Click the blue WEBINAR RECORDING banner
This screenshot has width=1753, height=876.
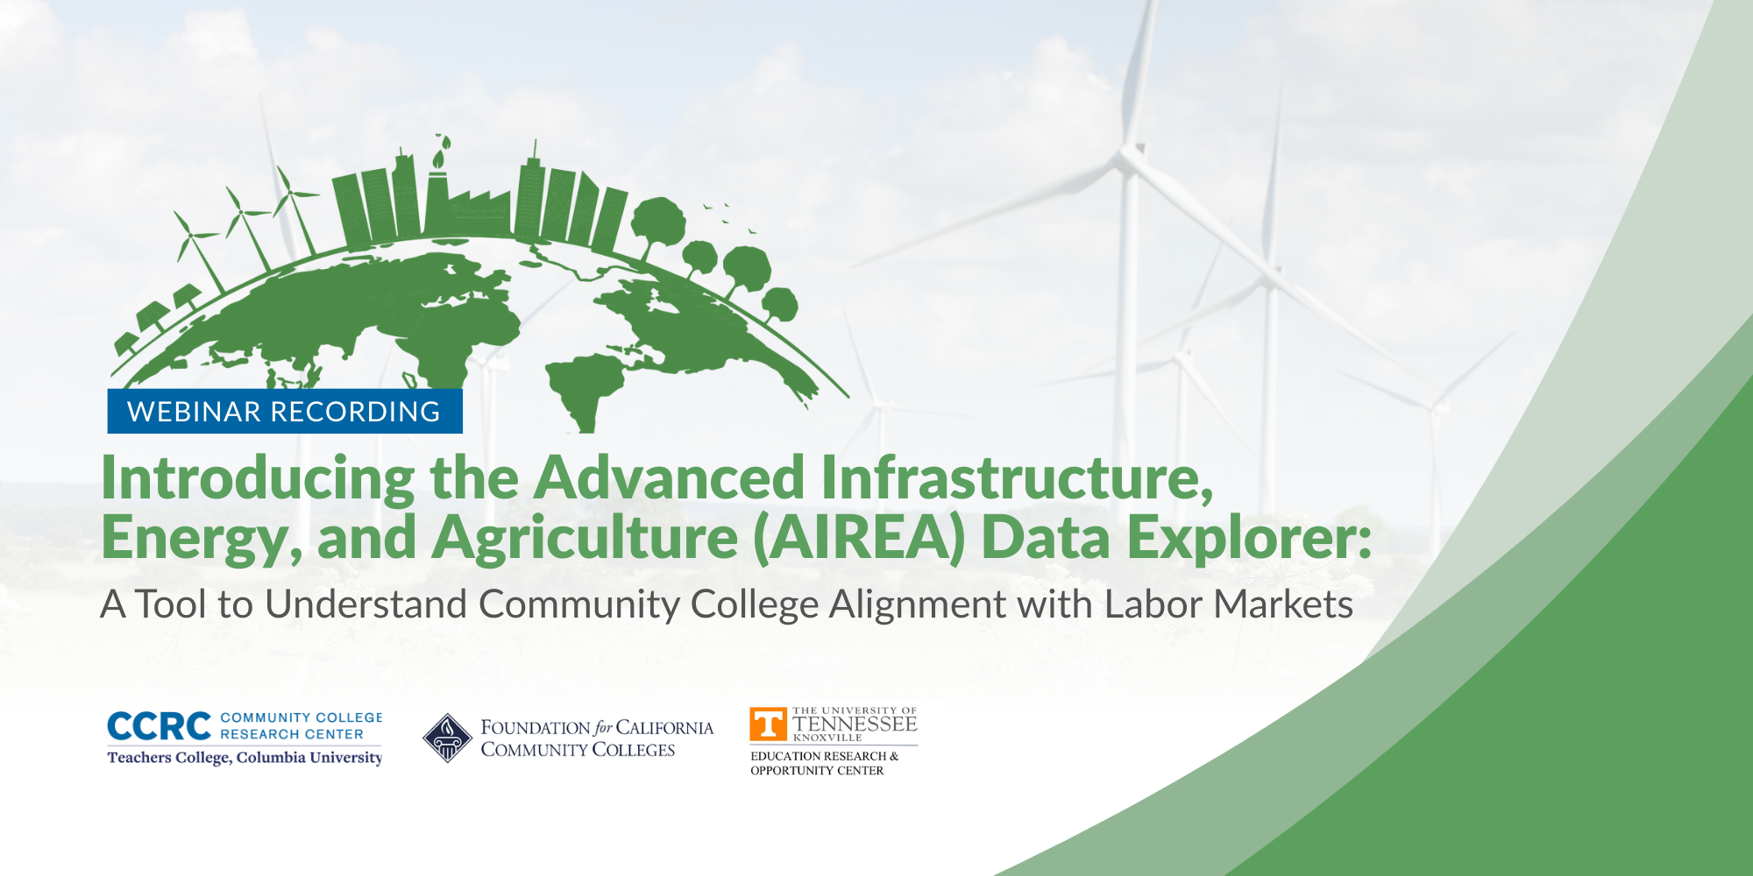pos(285,411)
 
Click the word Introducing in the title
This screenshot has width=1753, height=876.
pos(259,479)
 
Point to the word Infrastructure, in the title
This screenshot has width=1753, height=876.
pos(1018,478)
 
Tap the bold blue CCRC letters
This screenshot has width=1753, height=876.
pos(159,726)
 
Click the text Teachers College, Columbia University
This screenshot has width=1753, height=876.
pos(245,758)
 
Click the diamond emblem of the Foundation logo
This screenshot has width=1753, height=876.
pos(447,738)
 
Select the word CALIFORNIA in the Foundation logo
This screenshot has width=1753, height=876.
pos(664,728)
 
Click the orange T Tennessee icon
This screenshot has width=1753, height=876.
pos(769,724)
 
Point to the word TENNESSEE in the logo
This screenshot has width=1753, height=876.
pos(855,724)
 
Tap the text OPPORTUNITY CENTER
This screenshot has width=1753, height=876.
pos(817,771)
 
